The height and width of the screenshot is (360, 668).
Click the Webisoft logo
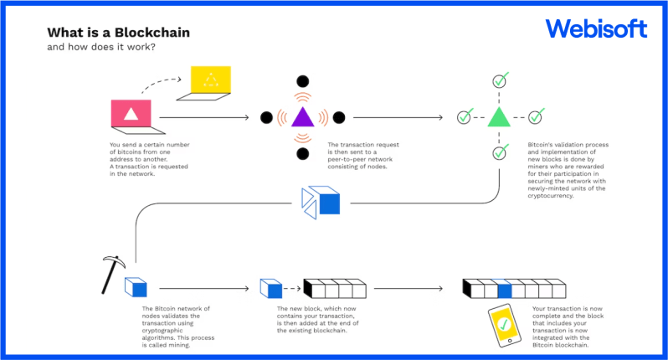tap(596, 29)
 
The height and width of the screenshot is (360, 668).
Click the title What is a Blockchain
tap(118, 33)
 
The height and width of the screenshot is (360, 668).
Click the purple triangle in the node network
tap(302, 117)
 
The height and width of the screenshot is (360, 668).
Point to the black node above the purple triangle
tap(302, 80)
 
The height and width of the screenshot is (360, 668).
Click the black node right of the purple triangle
tap(339, 117)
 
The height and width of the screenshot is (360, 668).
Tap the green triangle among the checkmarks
tap(499, 116)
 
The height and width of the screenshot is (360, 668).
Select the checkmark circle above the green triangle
tap(500, 81)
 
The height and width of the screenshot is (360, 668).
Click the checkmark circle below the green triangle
tap(500, 152)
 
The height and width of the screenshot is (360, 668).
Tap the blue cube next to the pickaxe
tap(136, 287)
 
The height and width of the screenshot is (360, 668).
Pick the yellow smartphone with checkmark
tap(504, 326)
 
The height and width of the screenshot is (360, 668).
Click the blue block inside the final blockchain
tap(504, 290)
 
